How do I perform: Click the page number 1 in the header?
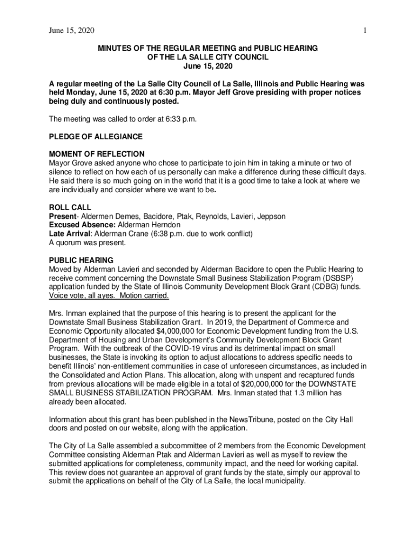pyautogui.click(x=365, y=31)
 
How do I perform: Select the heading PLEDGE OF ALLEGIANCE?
pyautogui.click(x=96, y=136)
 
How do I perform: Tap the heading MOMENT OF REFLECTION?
pyautogui.click(x=97, y=154)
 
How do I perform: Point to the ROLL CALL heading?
pyautogui.click(x=70, y=207)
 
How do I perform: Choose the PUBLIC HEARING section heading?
pyautogui.click(x=81, y=260)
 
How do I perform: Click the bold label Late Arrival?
pyautogui.click(x=69, y=234)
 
